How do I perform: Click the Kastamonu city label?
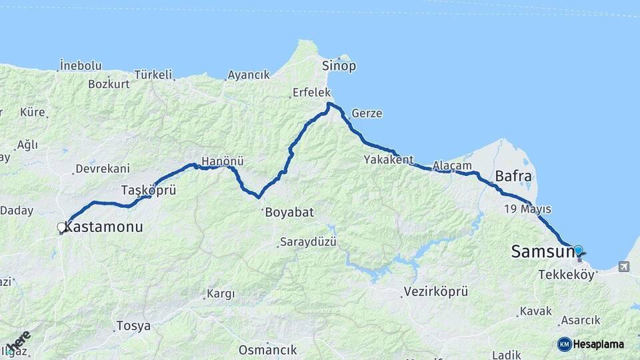(105, 227)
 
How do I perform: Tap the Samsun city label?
(542, 252)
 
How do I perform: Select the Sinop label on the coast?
(339, 66)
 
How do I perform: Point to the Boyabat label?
(289, 213)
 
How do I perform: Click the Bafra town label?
(513, 177)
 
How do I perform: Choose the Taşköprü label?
(149, 191)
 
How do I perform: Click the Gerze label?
(367, 113)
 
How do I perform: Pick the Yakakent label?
(389, 160)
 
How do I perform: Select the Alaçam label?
(452, 165)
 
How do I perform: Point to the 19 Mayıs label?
(527, 210)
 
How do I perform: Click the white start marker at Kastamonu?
(61, 228)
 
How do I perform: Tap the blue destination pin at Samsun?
(578, 251)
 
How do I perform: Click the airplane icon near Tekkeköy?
(623, 267)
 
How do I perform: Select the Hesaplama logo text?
(598, 345)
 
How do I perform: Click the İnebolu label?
(80, 65)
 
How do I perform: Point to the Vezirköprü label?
(436, 292)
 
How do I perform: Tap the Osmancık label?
(267, 350)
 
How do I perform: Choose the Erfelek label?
(311, 93)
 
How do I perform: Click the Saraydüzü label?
(308, 241)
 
